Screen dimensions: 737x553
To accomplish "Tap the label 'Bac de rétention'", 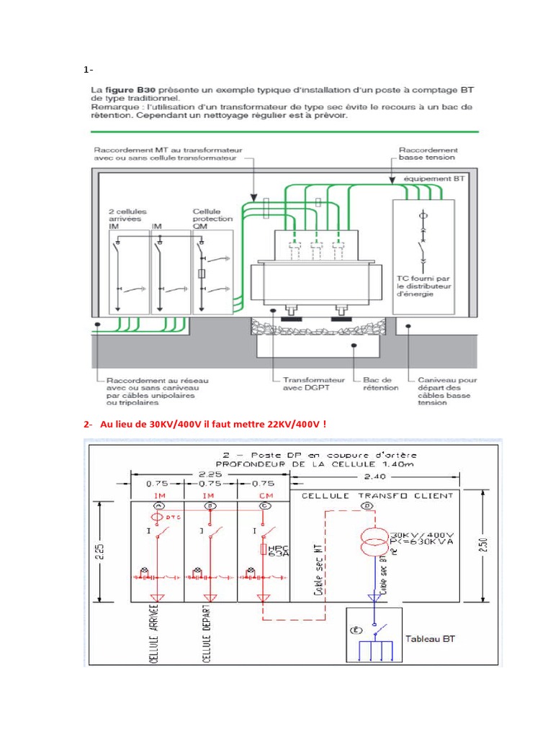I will (380, 383).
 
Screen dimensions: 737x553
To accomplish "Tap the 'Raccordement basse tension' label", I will (428, 154).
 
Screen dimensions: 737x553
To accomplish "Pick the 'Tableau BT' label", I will (430, 638).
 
